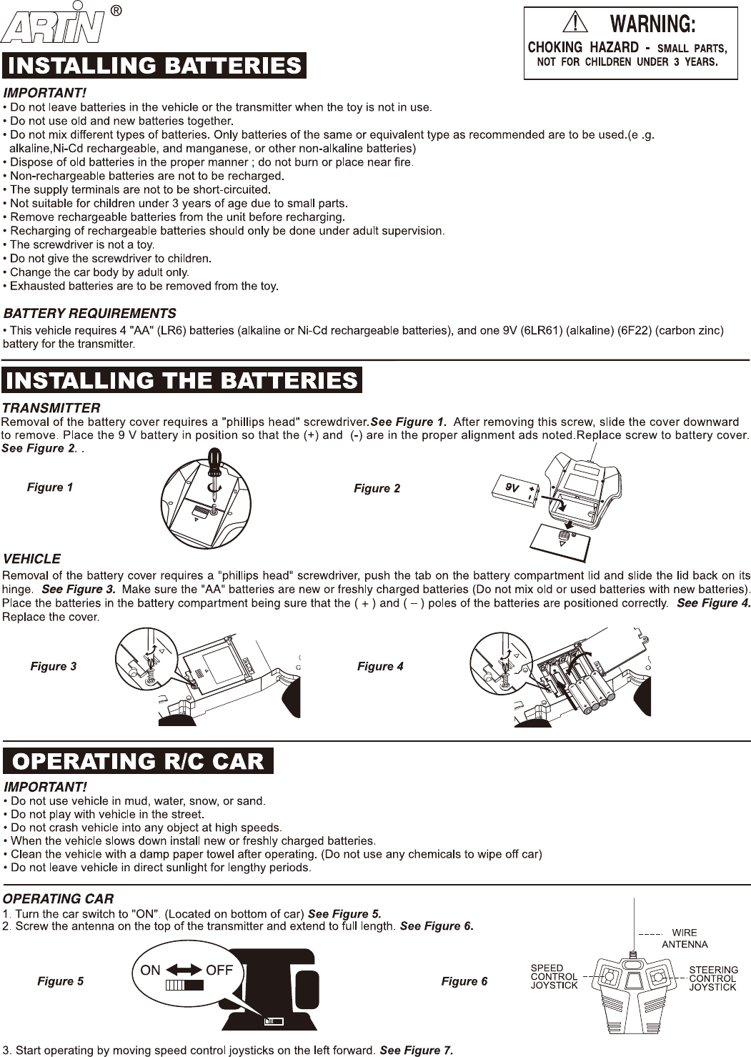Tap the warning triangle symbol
[575, 24]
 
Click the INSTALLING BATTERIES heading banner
[154, 66]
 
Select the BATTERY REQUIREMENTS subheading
[90, 313]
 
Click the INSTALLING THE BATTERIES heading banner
[182, 379]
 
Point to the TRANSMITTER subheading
[51, 408]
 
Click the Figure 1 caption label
[50, 487]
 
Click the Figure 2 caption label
[377, 489]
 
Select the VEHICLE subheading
[32, 558]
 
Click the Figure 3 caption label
[54, 666]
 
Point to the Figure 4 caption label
[380, 666]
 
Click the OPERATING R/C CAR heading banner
[139, 760]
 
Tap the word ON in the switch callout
[151, 970]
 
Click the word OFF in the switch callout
[219, 970]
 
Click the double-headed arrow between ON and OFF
[185, 970]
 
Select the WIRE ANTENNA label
[684, 938]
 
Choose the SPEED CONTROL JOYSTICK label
[554, 977]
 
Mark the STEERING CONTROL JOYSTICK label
[713, 978]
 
